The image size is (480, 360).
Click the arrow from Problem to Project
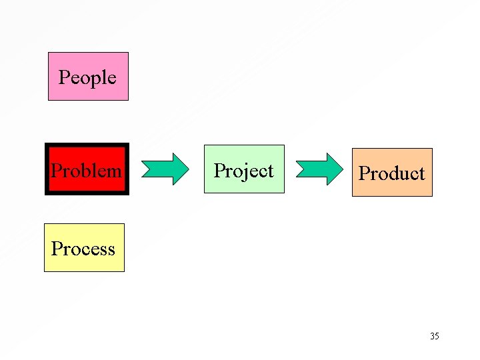pos(167,169)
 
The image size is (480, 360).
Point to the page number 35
pos(434,336)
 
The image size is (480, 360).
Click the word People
pos(87,77)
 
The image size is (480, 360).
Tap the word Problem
pos(87,171)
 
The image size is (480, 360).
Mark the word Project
pos(244,171)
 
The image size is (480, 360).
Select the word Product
pos(392,173)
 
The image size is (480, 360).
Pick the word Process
pos(83,249)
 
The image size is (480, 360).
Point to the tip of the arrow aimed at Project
pos(189,169)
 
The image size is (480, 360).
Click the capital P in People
pos(64,77)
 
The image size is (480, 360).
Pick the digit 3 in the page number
pos(432,336)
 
